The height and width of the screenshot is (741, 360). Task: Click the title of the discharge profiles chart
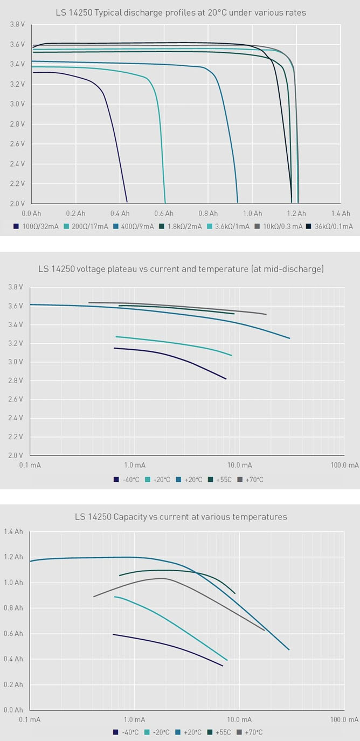point(181,12)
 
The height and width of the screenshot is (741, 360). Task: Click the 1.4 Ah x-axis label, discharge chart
point(340,213)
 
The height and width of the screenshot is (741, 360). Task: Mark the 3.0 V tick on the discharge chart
point(17,104)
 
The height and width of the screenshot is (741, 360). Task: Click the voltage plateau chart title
point(181,268)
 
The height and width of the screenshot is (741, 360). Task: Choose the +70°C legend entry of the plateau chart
point(253,480)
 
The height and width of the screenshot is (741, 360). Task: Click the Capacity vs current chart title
point(181,517)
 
